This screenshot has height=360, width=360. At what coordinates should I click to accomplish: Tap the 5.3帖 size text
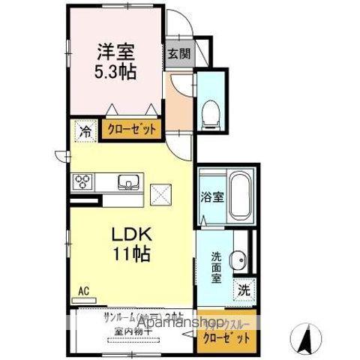click(x=116, y=72)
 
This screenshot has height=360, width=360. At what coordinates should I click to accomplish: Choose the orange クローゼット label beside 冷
click(x=131, y=129)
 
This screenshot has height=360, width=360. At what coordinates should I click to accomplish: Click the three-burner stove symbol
click(x=82, y=182)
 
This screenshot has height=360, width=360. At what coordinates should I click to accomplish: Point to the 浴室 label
click(x=211, y=198)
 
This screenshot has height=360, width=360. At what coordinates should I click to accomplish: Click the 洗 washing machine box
click(x=244, y=289)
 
